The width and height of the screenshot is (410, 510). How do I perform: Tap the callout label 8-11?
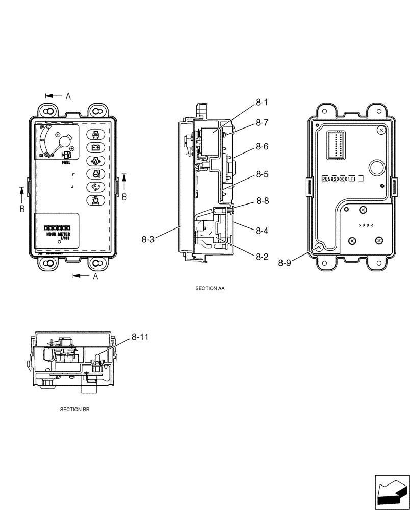pos(141,337)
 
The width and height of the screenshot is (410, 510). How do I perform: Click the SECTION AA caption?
pos(210,288)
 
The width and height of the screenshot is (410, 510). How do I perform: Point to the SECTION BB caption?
pos(74,410)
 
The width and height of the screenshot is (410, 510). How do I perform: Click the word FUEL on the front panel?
pos(66,163)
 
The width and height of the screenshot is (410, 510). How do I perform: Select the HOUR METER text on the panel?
pos(57,233)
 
